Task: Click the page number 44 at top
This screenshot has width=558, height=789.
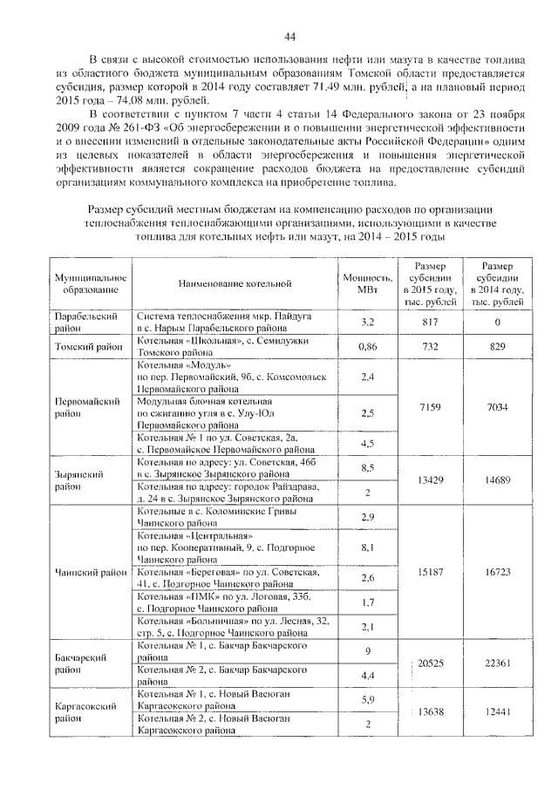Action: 290,36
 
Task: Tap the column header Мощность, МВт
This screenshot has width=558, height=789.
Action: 367,282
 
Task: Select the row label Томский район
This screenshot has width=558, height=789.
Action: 85,346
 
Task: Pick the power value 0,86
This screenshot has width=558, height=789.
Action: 367,346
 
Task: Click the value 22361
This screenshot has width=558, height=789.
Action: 498,663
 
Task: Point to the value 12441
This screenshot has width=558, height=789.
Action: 498,712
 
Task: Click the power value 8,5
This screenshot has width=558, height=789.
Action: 367,467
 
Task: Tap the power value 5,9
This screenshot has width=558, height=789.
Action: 367,700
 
